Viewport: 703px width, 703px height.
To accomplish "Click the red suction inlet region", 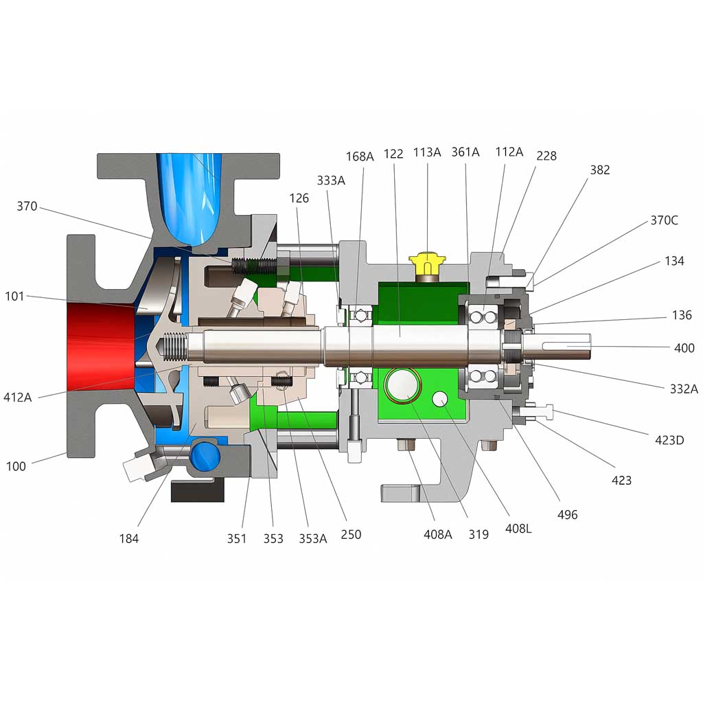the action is click(101, 346).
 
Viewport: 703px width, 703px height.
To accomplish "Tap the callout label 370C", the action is click(664, 220).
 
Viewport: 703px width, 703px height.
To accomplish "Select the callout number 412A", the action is click(17, 397).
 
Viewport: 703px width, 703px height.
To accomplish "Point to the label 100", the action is click(16, 466).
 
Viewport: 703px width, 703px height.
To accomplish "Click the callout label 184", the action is click(128, 538).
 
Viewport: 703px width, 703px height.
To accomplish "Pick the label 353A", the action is click(313, 538).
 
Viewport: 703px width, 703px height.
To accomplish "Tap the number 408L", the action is click(518, 529).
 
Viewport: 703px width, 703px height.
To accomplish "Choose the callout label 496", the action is click(567, 515).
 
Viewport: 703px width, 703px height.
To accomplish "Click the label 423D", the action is click(669, 440).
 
